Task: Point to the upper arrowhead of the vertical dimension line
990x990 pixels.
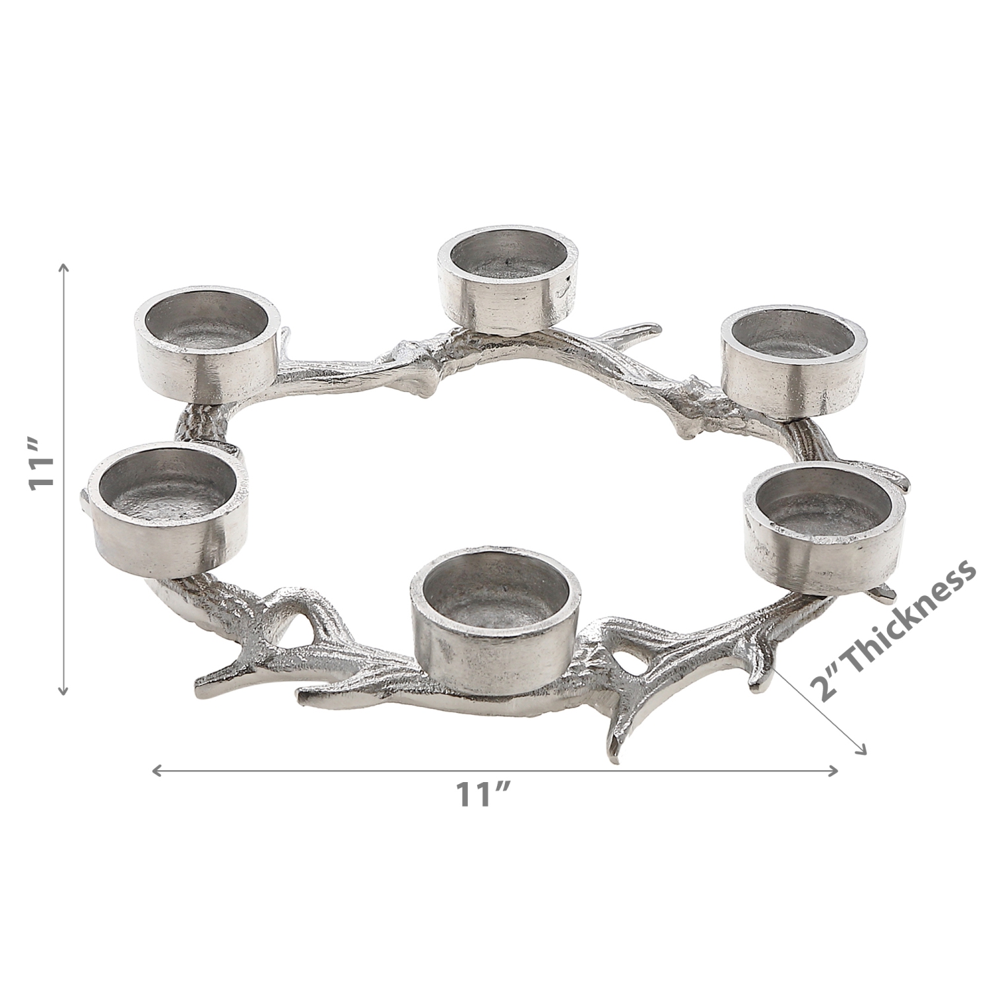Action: [63, 268]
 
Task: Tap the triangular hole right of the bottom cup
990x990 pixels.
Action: [631, 659]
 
